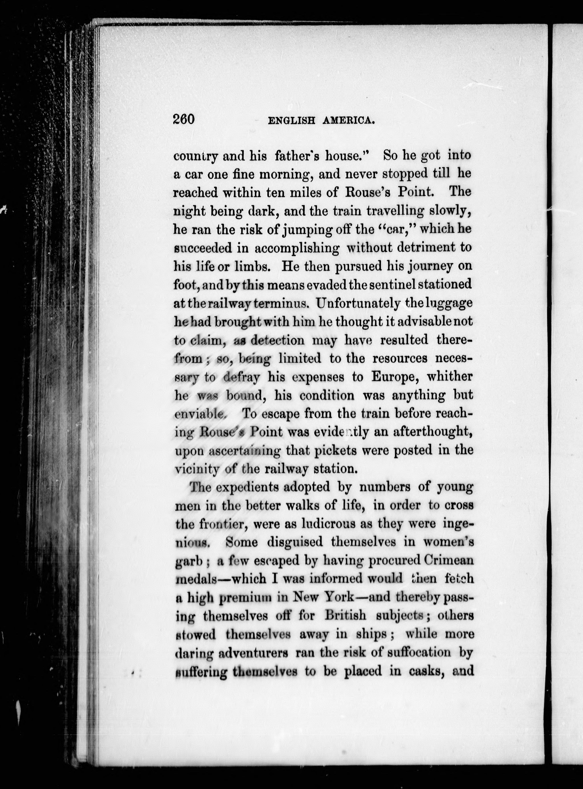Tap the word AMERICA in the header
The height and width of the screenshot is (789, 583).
tap(348, 121)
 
